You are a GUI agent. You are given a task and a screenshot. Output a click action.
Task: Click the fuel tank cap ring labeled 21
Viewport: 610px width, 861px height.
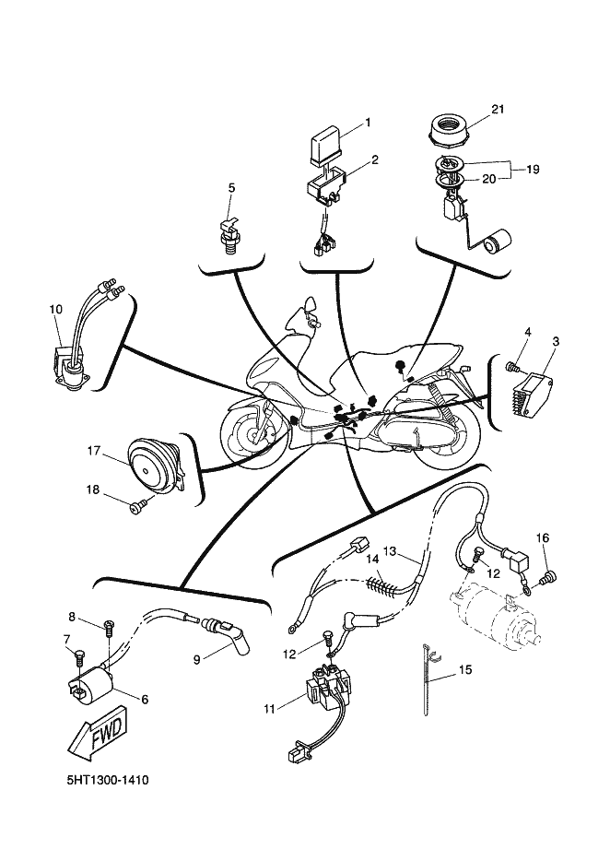point(449,131)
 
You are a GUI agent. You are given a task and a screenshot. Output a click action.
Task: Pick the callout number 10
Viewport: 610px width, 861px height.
point(55,309)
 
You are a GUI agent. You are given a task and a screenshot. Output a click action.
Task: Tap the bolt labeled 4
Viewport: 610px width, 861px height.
point(514,365)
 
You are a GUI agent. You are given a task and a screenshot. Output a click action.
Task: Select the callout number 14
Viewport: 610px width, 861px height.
point(373,559)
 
